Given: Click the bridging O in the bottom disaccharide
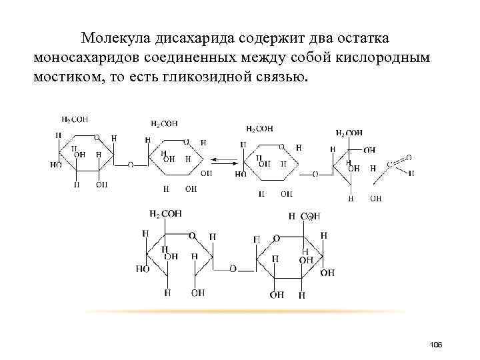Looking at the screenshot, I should [x=233, y=269].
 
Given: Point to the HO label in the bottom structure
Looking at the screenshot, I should [x=143, y=269].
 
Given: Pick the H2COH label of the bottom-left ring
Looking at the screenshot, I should [x=165, y=213].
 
